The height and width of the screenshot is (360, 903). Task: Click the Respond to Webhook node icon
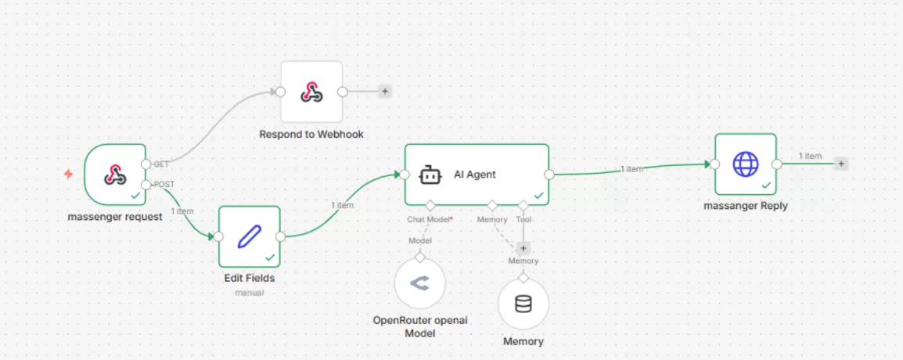point(311,92)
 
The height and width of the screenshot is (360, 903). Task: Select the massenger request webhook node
point(115,175)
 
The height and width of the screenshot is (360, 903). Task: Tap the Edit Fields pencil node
point(249,236)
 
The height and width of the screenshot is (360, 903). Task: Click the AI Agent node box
point(476,175)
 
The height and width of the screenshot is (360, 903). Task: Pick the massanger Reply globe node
point(745,164)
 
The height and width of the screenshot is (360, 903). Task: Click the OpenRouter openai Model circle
point(419,283)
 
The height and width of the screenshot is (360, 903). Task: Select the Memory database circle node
point(523,304)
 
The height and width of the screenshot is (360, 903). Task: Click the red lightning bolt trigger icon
point(68,174)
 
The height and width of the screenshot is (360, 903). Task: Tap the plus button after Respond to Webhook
point(384,92)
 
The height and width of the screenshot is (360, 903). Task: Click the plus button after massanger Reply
point(841,164)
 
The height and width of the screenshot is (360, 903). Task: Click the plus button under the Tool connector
point(523,247)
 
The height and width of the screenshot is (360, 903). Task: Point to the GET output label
point(161,164)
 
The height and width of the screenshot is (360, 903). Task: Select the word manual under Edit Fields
point(249,293)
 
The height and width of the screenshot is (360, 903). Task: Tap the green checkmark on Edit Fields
point(270,257)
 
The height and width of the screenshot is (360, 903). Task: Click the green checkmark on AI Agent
point(538,195)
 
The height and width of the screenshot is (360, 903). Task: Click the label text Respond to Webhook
point(311,135)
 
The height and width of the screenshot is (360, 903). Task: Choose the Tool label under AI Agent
point(523,220)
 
